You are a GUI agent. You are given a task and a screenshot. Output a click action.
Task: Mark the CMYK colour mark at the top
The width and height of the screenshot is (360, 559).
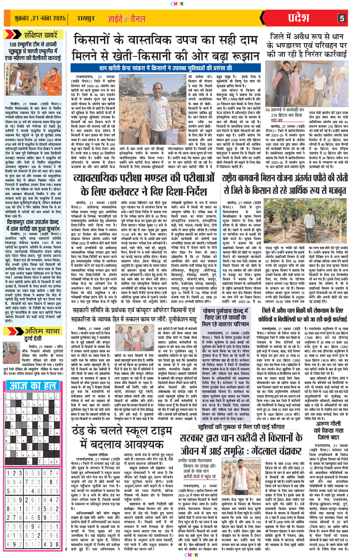point(180,4)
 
